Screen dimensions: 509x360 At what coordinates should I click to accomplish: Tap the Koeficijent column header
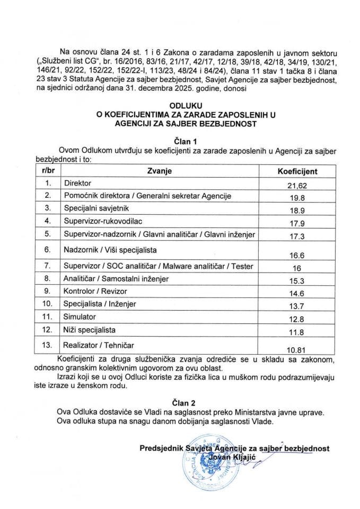[297, 172]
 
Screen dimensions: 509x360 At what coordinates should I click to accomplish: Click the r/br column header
[47, 172]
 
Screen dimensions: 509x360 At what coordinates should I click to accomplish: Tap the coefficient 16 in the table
[296, 268]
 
